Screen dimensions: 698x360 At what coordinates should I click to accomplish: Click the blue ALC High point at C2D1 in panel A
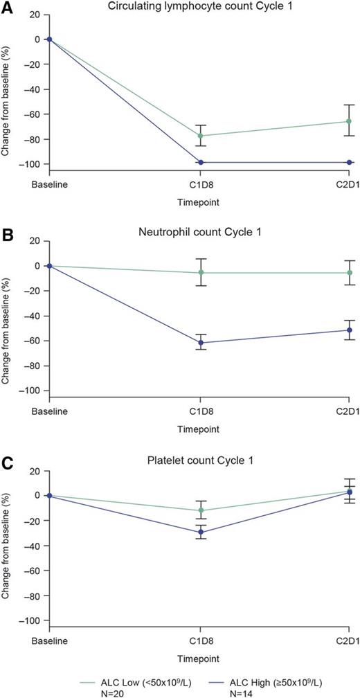coord(350,162)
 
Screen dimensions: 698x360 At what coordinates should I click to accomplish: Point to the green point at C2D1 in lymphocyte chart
coord(350,121)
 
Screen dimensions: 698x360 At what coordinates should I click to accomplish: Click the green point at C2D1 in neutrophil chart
coord(350,273)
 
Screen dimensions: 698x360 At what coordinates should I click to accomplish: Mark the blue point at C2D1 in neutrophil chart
coord(350,330)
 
